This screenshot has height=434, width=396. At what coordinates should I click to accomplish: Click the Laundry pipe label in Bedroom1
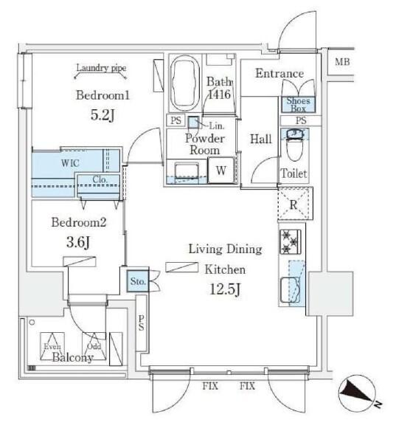point(101,69)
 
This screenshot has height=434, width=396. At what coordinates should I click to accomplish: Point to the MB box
point(342,61)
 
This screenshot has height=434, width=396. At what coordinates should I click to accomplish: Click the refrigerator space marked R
point(294,204)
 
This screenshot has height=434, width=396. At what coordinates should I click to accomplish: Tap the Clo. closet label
point(101,179)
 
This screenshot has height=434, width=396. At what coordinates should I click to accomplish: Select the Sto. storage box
point(138,280)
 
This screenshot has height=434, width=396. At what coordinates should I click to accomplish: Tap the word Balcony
point(72,358)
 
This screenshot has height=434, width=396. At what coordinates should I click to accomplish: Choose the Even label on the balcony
point(52,345)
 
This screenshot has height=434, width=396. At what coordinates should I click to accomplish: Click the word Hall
point(260,139)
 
